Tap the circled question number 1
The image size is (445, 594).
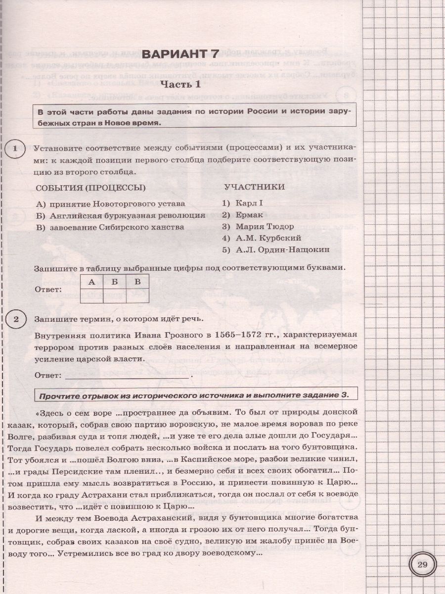click(15, 148)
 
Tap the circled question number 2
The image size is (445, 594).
click(15, 319)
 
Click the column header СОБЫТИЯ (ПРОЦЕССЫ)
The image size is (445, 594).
click(91, 187)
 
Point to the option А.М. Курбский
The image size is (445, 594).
click(262, 238)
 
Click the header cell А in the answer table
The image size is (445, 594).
click(91, 282)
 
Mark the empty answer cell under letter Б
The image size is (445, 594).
click(115, 296)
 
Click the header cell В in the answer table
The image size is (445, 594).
click(138, 282)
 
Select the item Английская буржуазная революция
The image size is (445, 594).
click(126, 215)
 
